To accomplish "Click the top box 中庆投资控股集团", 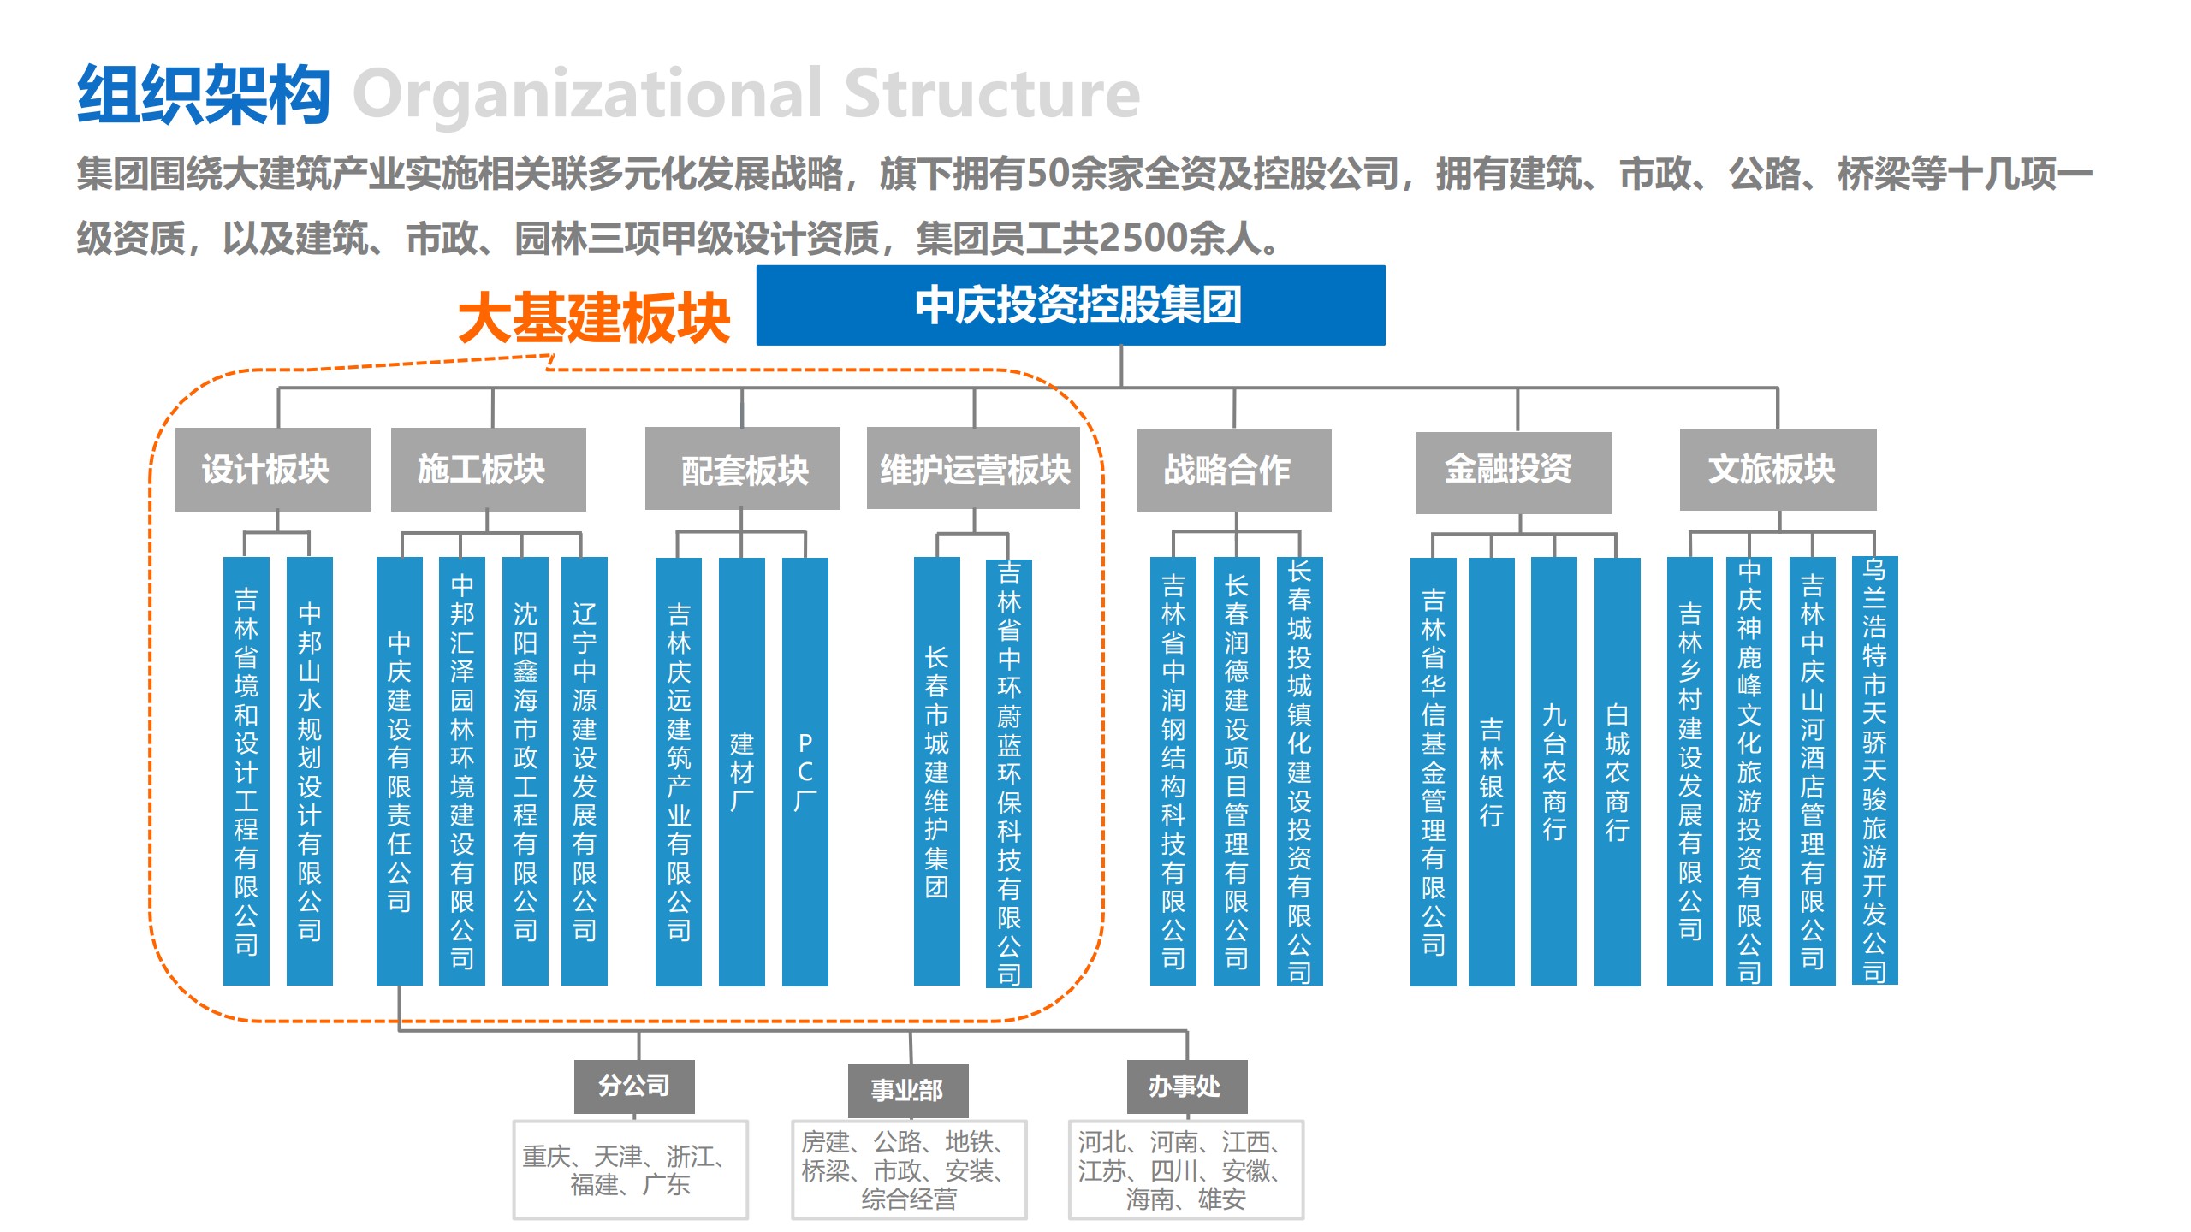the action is click(1071, 305).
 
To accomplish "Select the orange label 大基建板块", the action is click(594, 318).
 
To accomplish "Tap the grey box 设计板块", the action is click(273, 470).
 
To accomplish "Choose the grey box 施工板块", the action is click(489, 470).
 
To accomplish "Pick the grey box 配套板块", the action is click(743, 469).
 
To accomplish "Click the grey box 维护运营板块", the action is click(973, 469).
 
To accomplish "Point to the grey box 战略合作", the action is click(1234, 471).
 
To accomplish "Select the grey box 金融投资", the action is click(1514, 472).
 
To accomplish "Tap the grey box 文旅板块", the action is click(1778, 470).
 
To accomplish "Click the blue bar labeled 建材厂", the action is click(742, 772).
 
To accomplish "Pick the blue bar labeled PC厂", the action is click(805, 772).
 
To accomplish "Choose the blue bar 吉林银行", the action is click(1492, 772).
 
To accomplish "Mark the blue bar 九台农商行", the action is click(1554, 772).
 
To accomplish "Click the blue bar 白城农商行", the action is click(1618, 772).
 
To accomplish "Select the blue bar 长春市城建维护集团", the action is click(937, 772).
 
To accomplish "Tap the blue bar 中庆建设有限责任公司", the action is click(400, 772).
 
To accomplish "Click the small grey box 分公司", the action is click(634, 1087).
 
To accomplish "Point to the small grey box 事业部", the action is click(908, 1091).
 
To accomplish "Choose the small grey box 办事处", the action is click(1187, 1087).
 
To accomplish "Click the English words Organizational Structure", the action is click(746, 95).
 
